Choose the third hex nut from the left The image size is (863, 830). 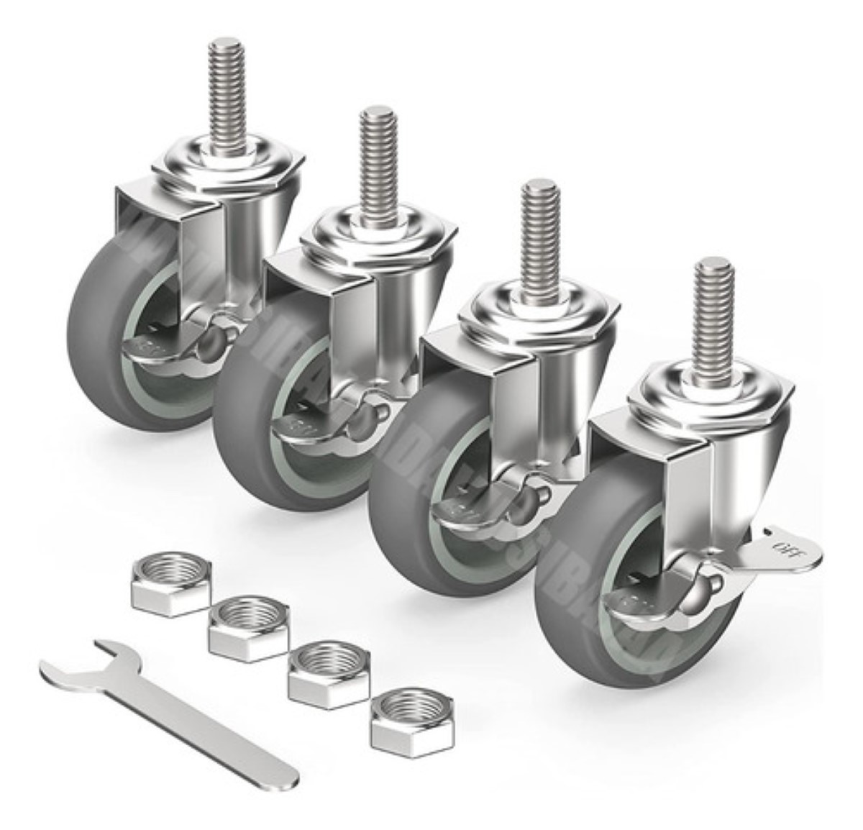(327, 672)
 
